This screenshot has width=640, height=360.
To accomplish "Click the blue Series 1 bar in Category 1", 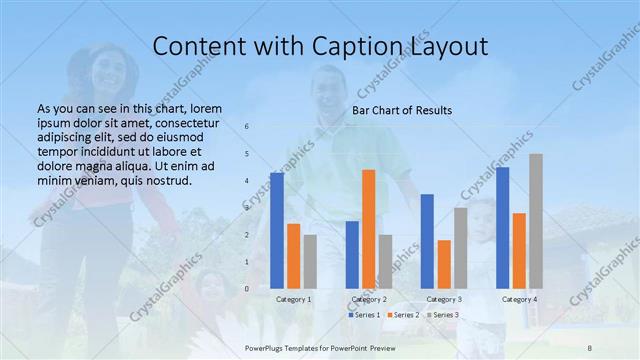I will pos(277,230).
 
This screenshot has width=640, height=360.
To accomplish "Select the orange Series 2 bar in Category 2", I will pos(368,229).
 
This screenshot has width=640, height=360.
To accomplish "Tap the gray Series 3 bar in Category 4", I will pos(536,221).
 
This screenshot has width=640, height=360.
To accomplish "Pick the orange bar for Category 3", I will pos(444,264).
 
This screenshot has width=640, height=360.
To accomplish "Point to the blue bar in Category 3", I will pos(427,241).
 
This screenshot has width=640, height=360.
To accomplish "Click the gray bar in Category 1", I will pos(310,261).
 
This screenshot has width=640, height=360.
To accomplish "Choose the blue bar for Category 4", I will pos(502,228).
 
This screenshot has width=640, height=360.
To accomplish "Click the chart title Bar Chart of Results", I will pos(401,110).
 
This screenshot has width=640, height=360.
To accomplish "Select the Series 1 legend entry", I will pos(364,315).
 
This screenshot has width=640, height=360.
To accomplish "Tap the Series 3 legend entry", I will pos(443,315).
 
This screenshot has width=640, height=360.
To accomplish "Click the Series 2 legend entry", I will pos(403,315).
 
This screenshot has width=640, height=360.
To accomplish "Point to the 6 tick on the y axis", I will pos(247,127).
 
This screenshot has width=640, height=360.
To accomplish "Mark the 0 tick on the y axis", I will pos(247,289).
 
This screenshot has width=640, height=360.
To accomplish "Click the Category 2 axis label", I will pos(368,299).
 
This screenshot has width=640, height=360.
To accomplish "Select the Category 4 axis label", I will pos(519,299).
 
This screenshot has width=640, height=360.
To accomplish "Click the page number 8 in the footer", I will pos(588,343).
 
